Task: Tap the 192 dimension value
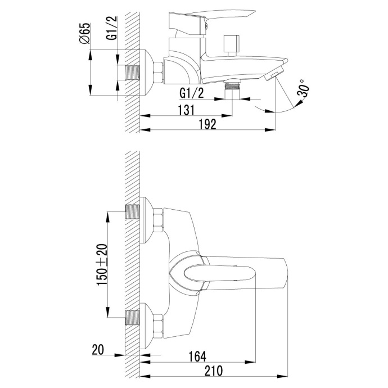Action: pos(207,125)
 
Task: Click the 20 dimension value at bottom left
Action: pos(98,349)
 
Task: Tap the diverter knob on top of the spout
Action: pos(230,43)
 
